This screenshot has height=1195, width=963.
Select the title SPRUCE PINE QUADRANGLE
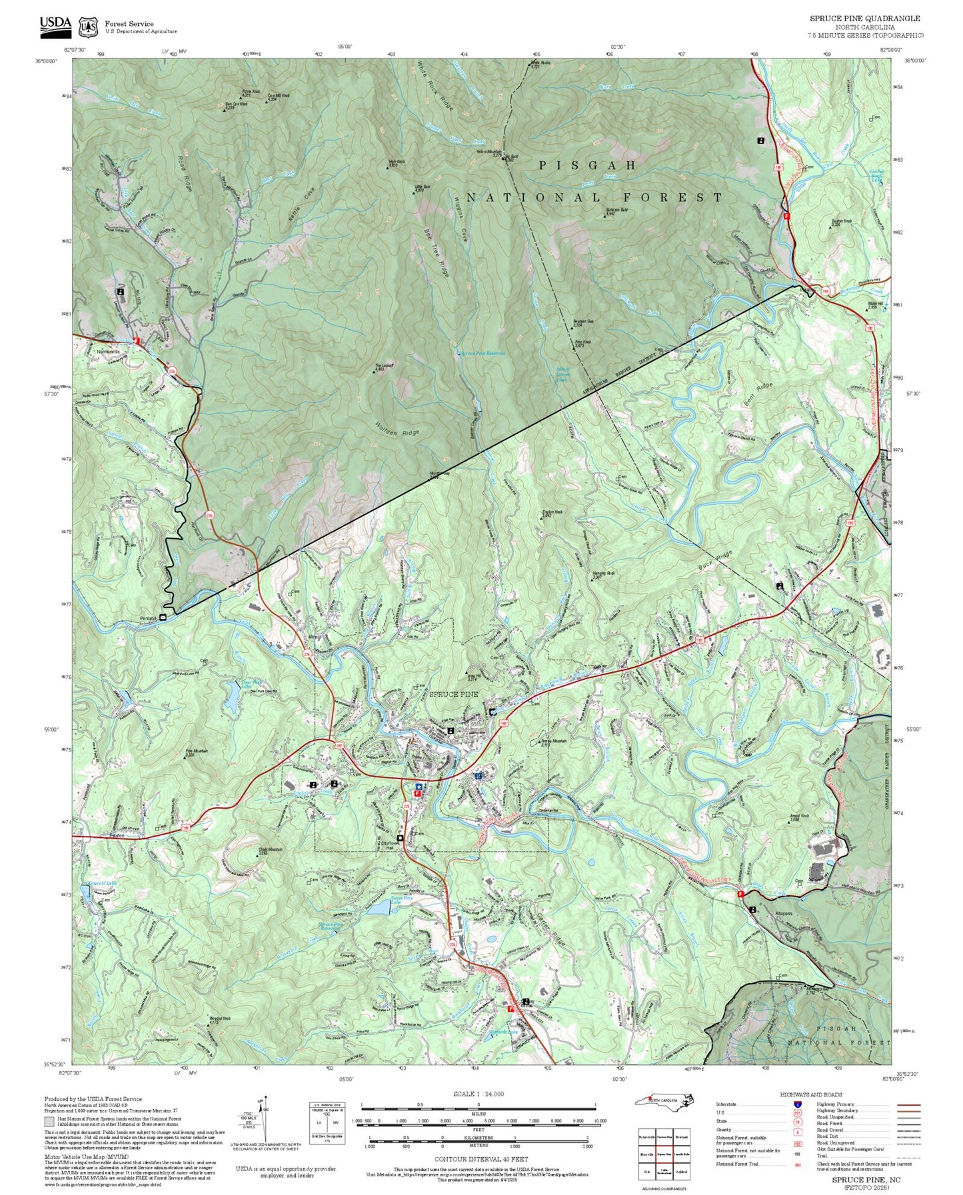[x=864, y=19]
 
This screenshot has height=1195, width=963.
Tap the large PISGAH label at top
[x=588, y=165]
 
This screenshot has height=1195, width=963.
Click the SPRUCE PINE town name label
[x=453, y=694]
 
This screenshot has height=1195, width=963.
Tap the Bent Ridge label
[x=756, y=390]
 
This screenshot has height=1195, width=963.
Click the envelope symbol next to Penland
[x=163, y=619]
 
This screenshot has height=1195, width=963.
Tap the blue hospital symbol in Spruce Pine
[x=478, y=776]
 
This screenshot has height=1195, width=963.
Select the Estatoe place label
[x=99, y=835]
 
